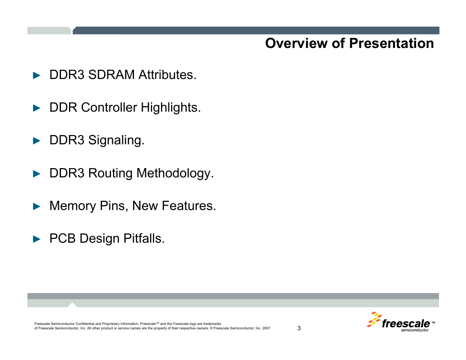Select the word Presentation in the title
point(391,44)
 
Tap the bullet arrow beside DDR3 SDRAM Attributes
point(37,75)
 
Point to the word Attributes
point(167,75)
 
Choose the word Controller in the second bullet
point(109,108)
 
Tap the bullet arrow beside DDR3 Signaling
point(37,141)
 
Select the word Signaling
point(116,140)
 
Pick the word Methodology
point(175,173)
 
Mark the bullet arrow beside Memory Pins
point(37,206)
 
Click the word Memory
point(73,206)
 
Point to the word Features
point(189,206)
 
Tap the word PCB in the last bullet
point(63,239)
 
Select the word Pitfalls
point(144,239)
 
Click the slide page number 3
point(299,328)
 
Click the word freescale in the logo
point(405,323)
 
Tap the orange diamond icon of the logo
point(374,319)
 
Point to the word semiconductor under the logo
point(415,330)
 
